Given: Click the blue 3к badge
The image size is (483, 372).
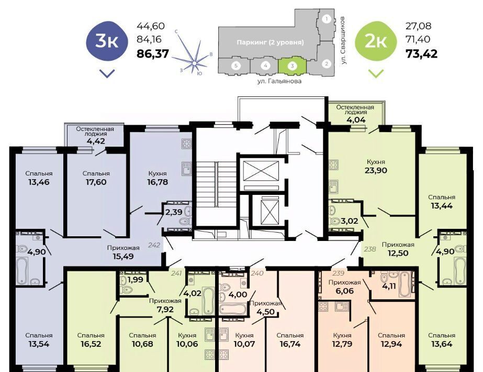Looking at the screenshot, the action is click(x=107, y=41).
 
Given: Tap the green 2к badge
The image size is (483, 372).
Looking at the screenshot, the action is click(x=376, y=41).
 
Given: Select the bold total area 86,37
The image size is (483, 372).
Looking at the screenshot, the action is click(x=153, y=54).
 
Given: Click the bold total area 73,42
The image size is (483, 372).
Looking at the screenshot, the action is click(x=422, y=54).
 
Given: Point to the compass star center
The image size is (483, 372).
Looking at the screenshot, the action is click(x=194, y=63).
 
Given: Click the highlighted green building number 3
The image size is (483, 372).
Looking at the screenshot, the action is click(x=293, y=65).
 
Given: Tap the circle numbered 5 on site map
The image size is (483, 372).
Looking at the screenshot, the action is click(x=236, y=65).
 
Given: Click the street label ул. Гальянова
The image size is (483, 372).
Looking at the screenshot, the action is click(x=279, y=81).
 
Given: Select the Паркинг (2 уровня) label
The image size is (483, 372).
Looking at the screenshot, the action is click(x=270, y=42).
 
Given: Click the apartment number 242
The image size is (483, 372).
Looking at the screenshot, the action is click(x=154, y=245).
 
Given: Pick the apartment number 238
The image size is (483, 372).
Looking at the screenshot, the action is click(x=370, y=249).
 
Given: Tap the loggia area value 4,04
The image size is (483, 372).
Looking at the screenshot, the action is click(x=356, y=119).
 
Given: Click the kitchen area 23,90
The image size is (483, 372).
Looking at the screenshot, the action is click(x=376, y=170).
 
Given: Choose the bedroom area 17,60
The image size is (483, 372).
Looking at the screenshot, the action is click(x=96, y=182).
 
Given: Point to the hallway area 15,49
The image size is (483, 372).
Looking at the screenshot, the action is click(x=123, y=256).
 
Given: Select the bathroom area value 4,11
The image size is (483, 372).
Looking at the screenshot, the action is click(x=389, y=286).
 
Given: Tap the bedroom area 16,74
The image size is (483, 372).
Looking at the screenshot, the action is click(x=290, y=344).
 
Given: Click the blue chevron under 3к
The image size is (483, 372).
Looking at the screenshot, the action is click(x=107, y=73).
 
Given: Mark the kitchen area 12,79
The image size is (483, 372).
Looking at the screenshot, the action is click(x=342, y=344).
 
